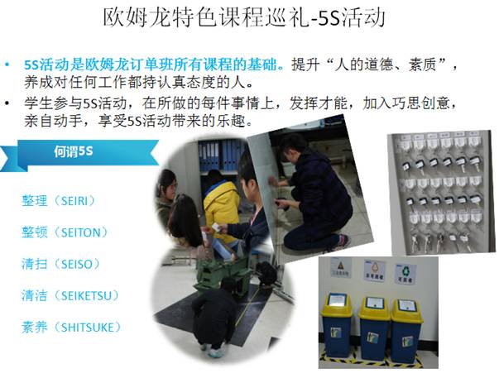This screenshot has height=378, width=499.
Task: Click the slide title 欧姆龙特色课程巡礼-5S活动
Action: click(244, 17)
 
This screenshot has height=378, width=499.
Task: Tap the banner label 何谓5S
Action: click(74, 151)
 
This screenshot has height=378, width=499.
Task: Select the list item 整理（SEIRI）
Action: click(60, 201)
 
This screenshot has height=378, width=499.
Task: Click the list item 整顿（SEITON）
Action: click(65, 232)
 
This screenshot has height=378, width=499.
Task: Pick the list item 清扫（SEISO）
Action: click(61, 264)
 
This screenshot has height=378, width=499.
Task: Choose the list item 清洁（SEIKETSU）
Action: click(70, 295)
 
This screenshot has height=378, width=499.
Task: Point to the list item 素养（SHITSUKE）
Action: click(72, 327)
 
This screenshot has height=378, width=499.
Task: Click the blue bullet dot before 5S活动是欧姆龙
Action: click(7, 65)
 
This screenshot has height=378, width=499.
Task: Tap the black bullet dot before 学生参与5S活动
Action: click(7, 103)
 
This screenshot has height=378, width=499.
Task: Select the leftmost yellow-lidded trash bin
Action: click(337, 325)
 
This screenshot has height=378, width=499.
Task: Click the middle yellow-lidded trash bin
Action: click(375, 328)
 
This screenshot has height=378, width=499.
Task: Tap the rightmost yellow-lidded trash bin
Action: click(407, 331)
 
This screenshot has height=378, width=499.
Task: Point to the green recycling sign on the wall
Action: click(405, 274)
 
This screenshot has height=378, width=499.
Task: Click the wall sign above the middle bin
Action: click(375, 270)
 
